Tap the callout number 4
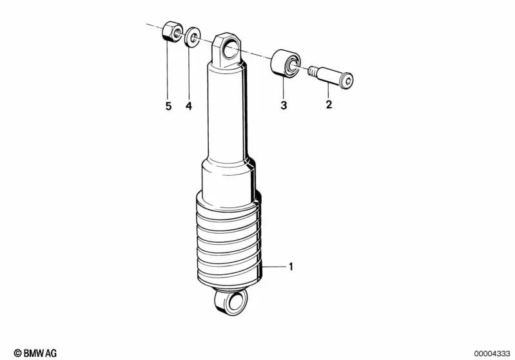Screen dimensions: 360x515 pyautogui.click(x=189, y=106)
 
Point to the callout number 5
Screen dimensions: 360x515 pyautogui.click(x=168, y=106)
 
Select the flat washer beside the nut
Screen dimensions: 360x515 pyautogui.click(x=191, y=38)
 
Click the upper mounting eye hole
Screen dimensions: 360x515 pyautogui.click(x=231, y=46)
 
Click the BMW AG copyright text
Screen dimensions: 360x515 pyautogui.click(x=35, y=353)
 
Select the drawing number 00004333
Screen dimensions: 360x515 pyautogui.click(x=493, y=353)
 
